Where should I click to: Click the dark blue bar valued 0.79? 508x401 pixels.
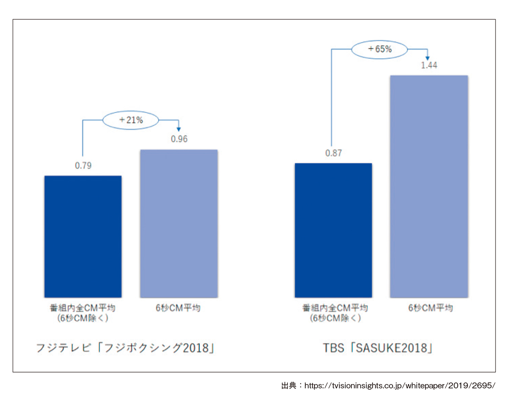83,236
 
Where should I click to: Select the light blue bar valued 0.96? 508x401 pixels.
179,223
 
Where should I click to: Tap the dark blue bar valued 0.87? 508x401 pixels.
333,230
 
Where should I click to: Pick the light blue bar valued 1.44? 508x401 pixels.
429,186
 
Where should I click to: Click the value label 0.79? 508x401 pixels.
83,165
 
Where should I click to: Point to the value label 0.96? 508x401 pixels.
179,139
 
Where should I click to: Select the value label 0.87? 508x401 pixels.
333,153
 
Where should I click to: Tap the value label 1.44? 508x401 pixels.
429,66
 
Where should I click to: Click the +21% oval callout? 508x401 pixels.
131,120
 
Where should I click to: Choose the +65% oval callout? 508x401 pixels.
380,49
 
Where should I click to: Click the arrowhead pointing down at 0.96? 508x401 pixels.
179,129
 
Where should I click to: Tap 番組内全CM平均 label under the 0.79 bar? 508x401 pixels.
83,308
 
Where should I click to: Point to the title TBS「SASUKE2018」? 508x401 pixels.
378,349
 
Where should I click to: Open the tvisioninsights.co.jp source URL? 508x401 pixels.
400,386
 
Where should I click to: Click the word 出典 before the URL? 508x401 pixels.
289,386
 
